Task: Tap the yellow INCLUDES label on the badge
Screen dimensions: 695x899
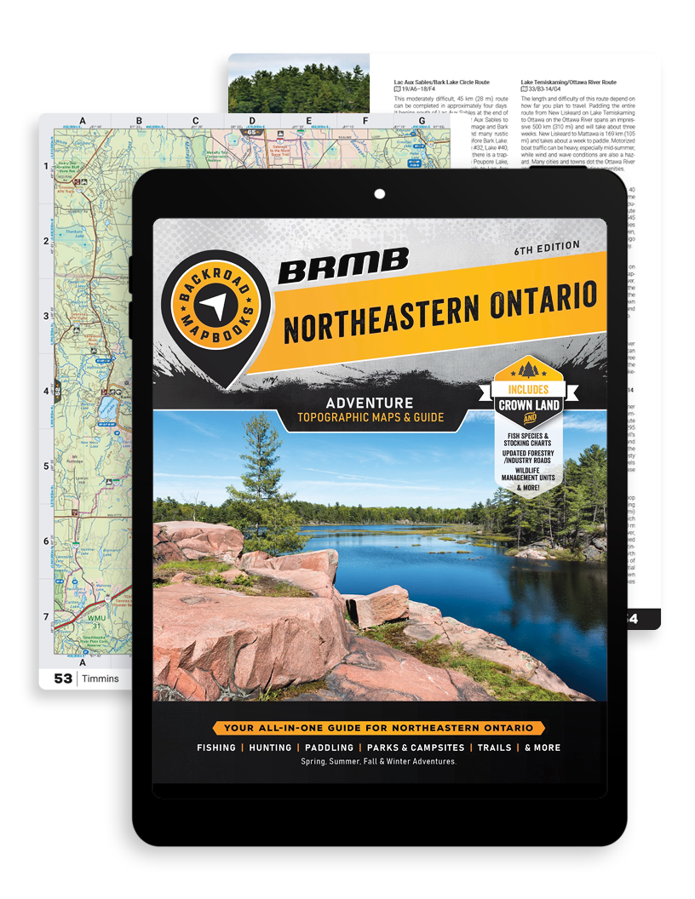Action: coord(530,390)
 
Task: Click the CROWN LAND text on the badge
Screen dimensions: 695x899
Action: coord(529,405)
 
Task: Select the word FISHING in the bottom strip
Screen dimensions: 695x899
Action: coord(216,747)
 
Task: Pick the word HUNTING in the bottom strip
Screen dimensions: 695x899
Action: coord(272,747)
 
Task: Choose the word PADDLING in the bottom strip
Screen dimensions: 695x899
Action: coord(329,747)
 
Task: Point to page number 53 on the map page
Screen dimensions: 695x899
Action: coord(63,679)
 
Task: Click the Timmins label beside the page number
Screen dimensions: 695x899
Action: coord(101,679)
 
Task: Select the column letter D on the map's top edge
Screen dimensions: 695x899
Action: coord(252,121)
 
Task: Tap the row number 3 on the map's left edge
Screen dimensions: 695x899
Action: coord(47,317)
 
